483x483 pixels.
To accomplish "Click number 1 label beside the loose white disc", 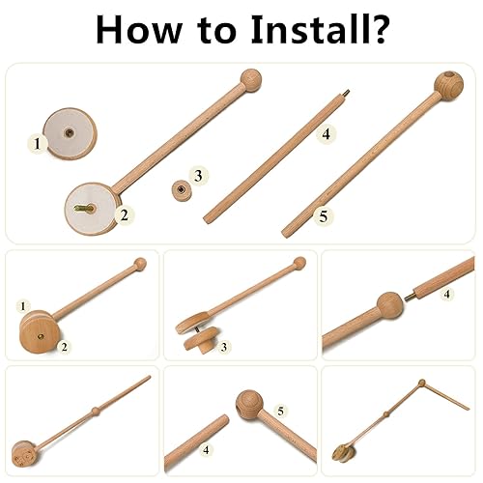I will pos(37,143).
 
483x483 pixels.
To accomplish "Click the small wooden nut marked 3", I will pos(180,187).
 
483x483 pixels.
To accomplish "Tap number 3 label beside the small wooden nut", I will pos(198,176).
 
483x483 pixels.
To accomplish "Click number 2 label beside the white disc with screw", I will pos(124,214).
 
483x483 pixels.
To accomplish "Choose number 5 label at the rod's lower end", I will pos(323,215).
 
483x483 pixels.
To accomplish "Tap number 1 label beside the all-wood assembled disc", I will pos(22,306).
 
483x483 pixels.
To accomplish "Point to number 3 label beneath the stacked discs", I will pos(223,346).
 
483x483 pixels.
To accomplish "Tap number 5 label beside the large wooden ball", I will pos(280,412).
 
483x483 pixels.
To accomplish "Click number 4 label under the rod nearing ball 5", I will pos(205,449).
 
